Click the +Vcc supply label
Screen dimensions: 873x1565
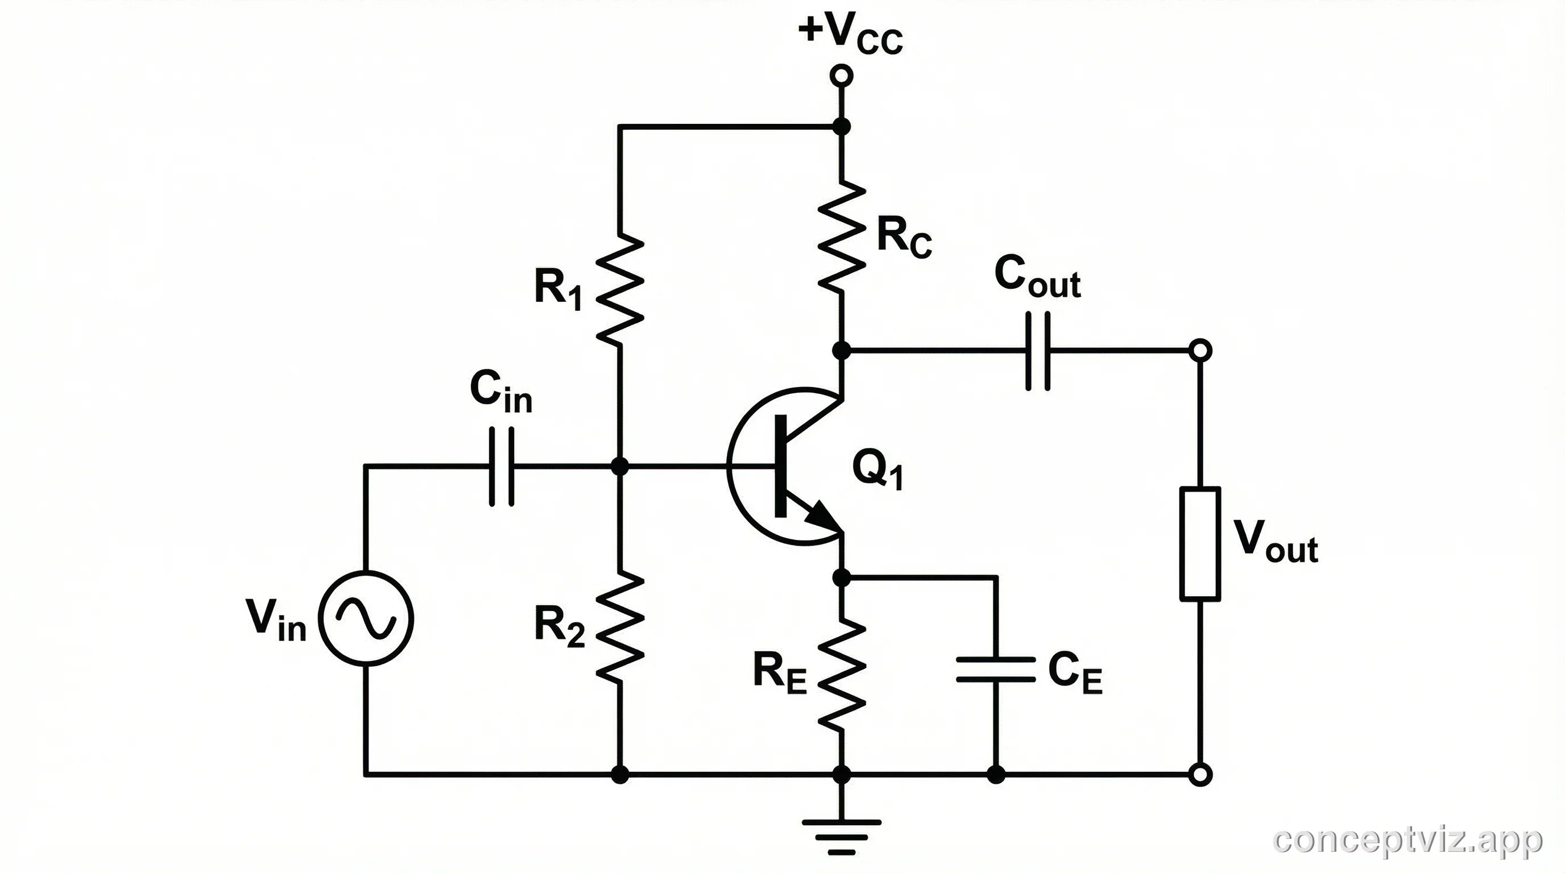(x=850, y=34)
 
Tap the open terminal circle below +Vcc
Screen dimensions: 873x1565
(x=842, y=76)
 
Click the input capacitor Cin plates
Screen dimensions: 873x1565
(x=501, y=466)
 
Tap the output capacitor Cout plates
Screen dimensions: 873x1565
(x=1038, y=351)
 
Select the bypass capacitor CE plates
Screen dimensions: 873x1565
(x=995, y=669)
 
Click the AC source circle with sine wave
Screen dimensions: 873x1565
(x=366, y=618)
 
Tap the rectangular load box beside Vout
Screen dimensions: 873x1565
(x=1200, y=543)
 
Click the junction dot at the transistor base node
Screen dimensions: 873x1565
(x=620, y=466)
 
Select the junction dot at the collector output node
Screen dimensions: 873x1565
(x=842, y=351)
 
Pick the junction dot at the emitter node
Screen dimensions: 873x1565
(x=842, y=577)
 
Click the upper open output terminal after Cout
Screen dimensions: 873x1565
(x=1200, y=351)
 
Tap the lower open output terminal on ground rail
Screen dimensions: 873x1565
(x=1200, y=775)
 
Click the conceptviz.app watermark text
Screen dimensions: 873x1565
(x=1407, y=840)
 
